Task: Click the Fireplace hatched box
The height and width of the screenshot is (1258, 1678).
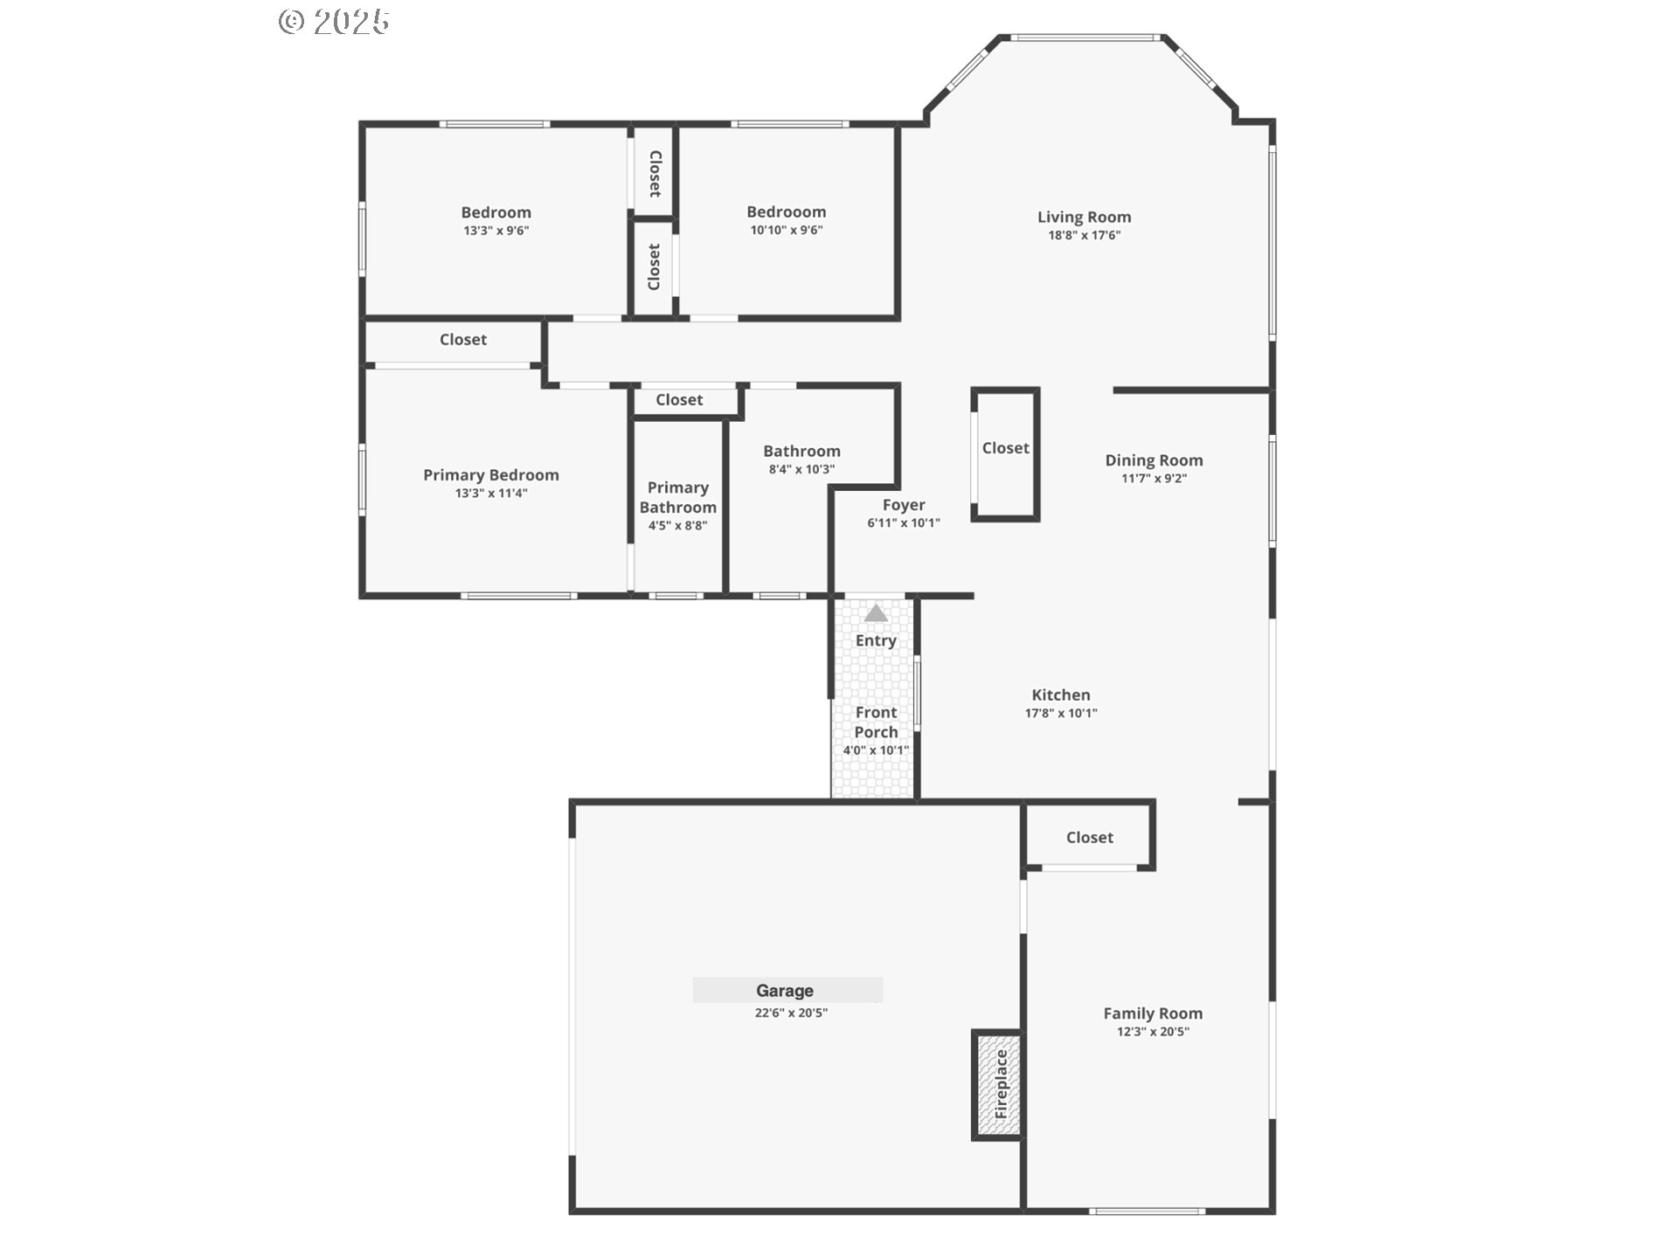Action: [998, 1085]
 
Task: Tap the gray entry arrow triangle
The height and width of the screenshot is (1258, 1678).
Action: [876, 613]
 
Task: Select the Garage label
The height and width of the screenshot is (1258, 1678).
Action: [785, 991]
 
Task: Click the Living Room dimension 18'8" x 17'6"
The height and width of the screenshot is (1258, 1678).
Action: [1084, 235]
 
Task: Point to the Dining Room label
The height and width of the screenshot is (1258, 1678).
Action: [1154, 460]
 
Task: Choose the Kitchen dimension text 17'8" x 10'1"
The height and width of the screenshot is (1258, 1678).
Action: [1060, 713]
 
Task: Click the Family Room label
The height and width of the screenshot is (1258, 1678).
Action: [1152, 1013]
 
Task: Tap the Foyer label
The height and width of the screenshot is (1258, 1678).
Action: [903, 505]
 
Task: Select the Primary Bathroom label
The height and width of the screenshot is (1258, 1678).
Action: [677, 497]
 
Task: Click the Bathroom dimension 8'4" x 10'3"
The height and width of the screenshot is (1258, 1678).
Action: [801, 469]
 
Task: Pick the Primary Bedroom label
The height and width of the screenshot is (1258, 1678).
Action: [490, 475]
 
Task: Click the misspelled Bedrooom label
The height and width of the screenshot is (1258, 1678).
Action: [786, 212]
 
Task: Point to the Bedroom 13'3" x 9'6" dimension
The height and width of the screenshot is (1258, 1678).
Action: [496, 231]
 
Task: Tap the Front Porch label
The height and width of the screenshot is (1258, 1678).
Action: [876, 722]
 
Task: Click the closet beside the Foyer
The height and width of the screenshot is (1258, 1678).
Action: [1005, 448]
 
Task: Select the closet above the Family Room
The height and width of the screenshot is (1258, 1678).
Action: [1089, 838]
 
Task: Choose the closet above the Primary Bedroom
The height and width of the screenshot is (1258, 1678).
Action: [462, 340]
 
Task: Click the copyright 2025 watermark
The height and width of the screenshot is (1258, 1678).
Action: [334, 21]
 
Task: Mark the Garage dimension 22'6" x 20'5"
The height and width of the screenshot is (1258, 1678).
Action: [791, 1013]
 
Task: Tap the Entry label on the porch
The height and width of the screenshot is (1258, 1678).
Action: [876, 640]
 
